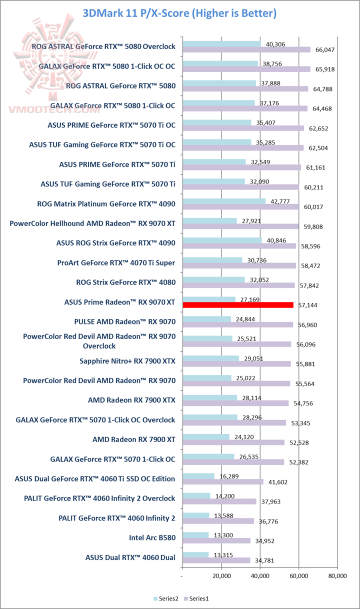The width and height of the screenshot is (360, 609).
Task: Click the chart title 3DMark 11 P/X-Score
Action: (x=179, y=13)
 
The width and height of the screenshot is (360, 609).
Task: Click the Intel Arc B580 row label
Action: (x=152, y=538)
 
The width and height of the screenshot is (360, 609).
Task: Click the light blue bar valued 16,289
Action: (x=198, y=476)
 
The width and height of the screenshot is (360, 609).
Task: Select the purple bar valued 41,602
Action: (x=223, y=482)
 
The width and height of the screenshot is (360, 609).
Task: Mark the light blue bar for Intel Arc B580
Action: (x=195, y=535)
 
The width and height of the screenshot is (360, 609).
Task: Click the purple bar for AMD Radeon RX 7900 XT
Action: (x=233, y=442)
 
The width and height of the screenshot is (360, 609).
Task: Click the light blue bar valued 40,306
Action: (x=221, y=44)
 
